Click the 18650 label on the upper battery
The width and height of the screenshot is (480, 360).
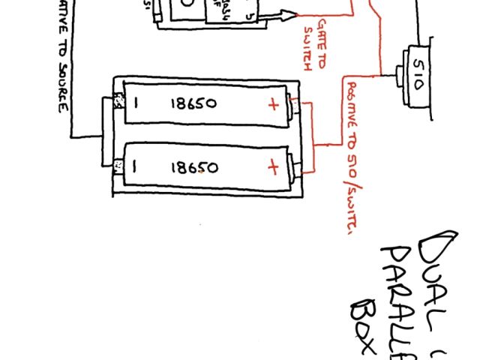click(193, 104)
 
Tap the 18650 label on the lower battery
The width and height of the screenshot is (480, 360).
click(193, 167)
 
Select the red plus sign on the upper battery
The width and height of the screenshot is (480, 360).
click(272, 104)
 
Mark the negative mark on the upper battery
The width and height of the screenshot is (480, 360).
click(136, 103)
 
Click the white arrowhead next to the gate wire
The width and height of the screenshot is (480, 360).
click(289, 13)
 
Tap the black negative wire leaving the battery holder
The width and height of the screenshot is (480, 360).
click(86, 136)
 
